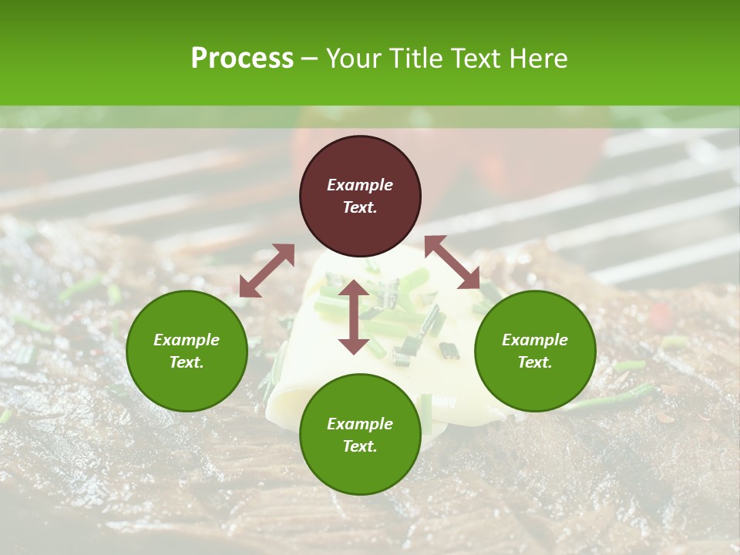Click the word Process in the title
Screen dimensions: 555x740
[242, 59]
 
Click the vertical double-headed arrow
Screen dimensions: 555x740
[354, 317]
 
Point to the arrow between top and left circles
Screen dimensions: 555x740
[267, 271]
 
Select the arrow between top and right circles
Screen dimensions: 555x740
[452, 262]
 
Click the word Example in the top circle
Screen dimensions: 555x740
[360, 185]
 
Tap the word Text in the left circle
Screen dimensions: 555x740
[187, 362]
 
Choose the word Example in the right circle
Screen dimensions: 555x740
[535, 340]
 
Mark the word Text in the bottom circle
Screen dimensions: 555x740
[360, 446]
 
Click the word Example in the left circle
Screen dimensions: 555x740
[187, 340]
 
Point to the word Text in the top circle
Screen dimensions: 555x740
[360, 207]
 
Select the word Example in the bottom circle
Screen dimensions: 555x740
[360, 424]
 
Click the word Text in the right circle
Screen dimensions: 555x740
[535, 362]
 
